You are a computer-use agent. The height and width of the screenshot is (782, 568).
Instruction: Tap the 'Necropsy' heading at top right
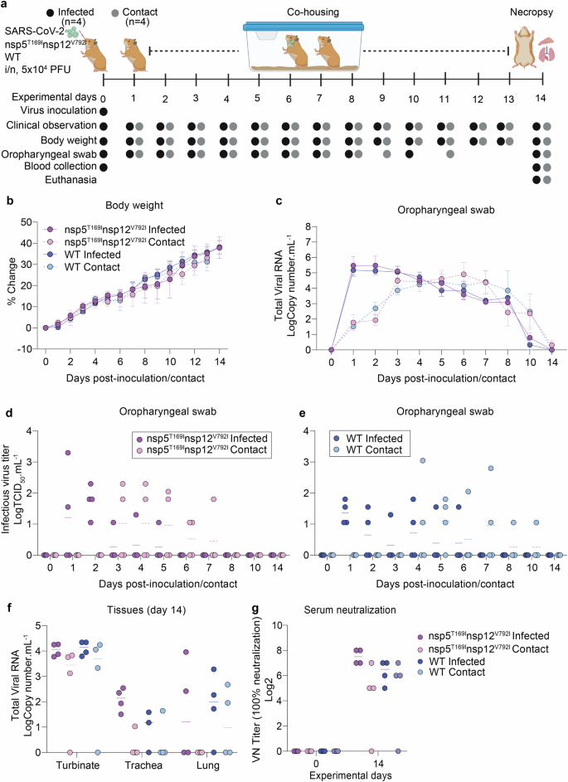tap(531, 10)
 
